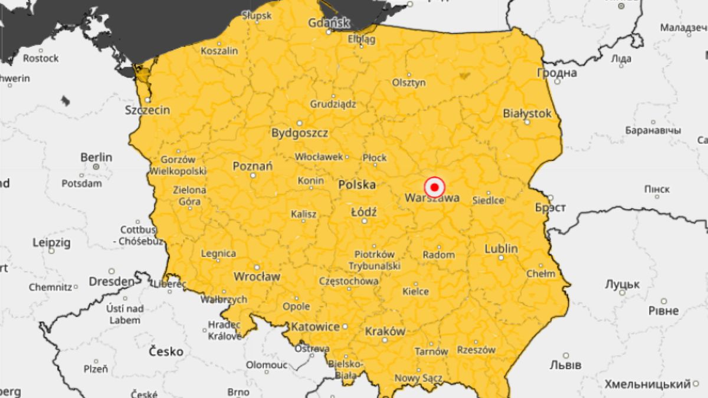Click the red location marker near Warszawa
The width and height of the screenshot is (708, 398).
click(x=435, y=188)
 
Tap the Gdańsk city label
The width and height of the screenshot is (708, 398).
click(x=329, y=23)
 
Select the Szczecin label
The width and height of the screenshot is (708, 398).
click(x=147, y=110)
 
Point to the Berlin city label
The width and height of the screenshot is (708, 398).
click(x=96, y=157)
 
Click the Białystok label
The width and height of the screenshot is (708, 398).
click(x=527, y=113)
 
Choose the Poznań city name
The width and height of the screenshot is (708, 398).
click(x=253, y=166)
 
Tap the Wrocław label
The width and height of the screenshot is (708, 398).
click(x=257, y=276)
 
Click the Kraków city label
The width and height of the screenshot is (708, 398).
click(x=385, y=331)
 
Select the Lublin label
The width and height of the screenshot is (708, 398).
click(x=501, y=248)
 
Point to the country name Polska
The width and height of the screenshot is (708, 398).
click(x=357, y=185)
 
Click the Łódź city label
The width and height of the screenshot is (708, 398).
click(x=363, y=212)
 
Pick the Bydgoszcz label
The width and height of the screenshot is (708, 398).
click(x=300, y=133)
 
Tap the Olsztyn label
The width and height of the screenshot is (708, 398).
click(x=409, y=83)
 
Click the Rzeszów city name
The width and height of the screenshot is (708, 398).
click(x=476, y=350)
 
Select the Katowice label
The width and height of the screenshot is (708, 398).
click(x=315, y=326)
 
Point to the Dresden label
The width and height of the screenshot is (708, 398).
click(x=112, y=282)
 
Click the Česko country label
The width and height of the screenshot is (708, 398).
click(x=166, y=351)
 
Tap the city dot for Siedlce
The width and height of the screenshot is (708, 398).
click(x=489, y=193)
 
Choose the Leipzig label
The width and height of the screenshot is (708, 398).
click(x=51, y=242)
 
